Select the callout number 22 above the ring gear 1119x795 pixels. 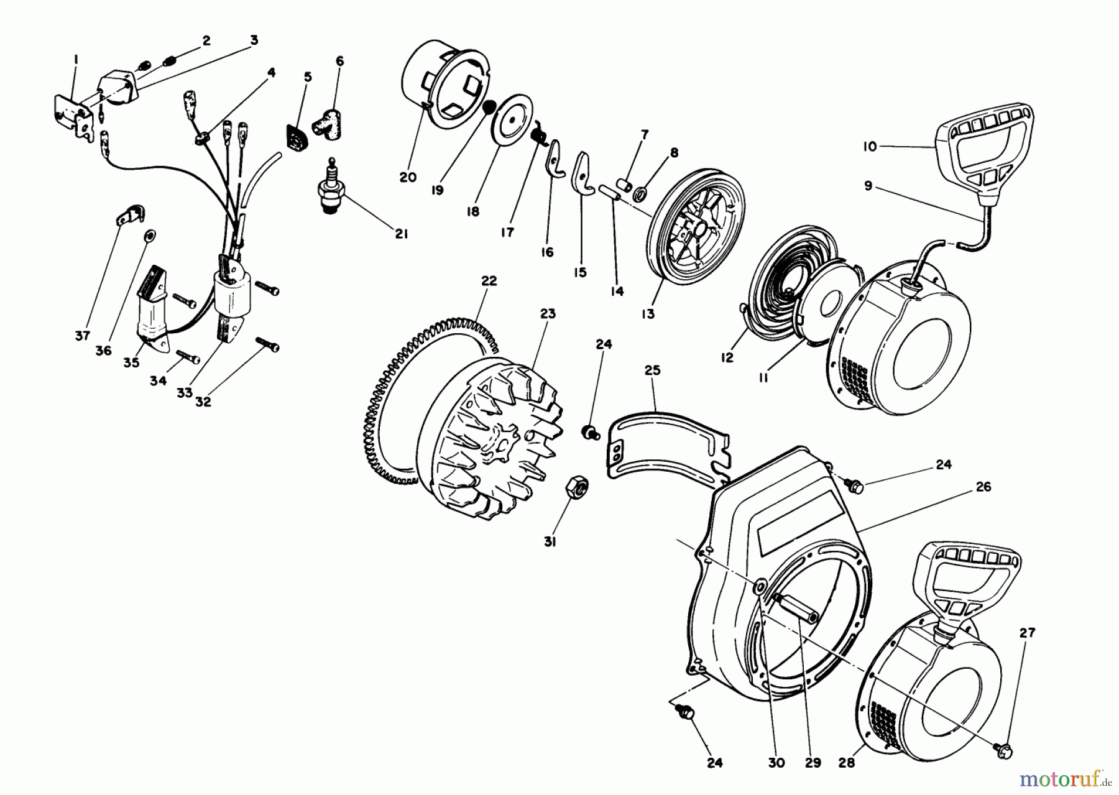click(x=489, y=280)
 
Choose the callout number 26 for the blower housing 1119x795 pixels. click(x=983, y=487)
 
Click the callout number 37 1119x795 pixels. click(x=83, y=336)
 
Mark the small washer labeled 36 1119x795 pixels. click(x=150, y=236)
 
